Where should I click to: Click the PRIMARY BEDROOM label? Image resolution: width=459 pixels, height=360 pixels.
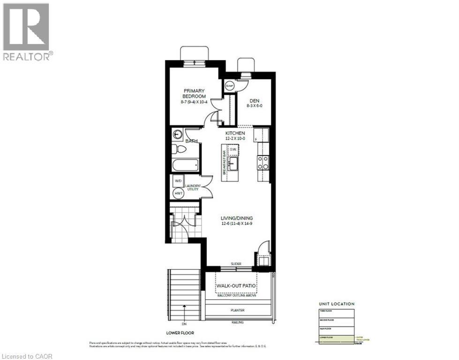[195, 93]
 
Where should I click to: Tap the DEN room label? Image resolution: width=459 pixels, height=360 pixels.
[254, 100]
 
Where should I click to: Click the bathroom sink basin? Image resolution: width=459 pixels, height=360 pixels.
[178, 135]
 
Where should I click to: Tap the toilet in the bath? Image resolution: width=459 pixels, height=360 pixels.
[179, 149]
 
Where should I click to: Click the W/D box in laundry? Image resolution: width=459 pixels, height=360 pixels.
[178, 181]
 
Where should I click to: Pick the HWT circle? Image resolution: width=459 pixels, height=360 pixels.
[178, 193]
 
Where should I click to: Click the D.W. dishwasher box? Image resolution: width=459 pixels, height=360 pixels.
[233, 150]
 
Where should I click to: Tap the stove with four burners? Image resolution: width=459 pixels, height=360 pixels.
[263, 162]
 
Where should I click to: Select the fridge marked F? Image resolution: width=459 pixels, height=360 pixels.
[262, 135]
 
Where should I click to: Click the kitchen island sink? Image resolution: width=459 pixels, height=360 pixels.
[233, 165]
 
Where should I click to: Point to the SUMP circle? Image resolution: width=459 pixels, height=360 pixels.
[230, 86]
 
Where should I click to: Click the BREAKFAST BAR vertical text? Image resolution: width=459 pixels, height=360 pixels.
[225, 159]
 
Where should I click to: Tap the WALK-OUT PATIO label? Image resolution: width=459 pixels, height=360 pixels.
[238, 285]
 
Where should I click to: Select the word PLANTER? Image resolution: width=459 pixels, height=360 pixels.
[238, 310]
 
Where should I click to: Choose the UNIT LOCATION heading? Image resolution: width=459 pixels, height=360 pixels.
[337, 304]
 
